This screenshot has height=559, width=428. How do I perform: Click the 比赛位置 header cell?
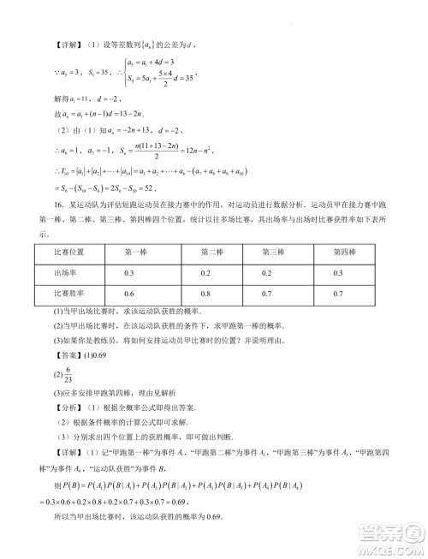(61, 252)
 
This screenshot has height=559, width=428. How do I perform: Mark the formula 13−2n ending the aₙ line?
(130, 113)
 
